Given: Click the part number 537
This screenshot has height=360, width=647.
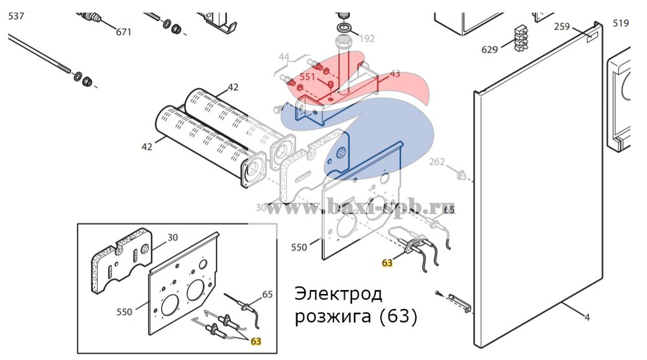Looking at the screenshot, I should coord(16,16).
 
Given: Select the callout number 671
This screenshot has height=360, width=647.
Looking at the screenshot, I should coord(124,32).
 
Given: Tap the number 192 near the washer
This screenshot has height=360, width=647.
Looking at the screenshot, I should coord(366,39).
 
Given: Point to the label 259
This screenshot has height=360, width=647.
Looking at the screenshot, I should coord(562,27).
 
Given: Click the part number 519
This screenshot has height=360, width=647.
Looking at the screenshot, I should coord(620,24).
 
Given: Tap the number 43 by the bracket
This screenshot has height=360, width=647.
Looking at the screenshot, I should coord(395,74).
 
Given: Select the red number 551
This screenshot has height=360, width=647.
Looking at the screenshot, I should coord(307,76).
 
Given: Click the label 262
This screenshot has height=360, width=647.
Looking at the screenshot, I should coord(437,162).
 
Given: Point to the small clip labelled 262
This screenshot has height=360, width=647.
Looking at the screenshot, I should coord(462,174).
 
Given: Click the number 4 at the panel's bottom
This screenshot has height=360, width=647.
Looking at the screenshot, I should coord(587,317).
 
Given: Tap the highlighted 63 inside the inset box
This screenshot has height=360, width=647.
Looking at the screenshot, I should coord(256,341).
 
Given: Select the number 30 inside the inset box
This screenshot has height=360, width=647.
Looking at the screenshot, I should coord(173,238).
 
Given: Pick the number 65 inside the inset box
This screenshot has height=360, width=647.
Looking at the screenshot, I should coord(267,294).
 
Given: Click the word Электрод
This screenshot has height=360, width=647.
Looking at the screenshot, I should coord(338,295).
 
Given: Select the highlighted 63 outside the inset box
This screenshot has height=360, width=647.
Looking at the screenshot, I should coord(388,263).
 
